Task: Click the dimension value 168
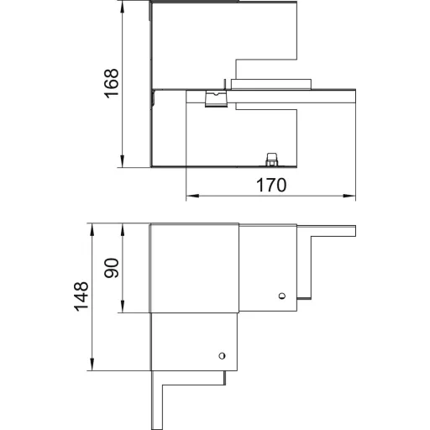(x=112, y=83)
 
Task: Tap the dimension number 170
(x=271, y=185)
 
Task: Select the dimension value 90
(x=112, y=268)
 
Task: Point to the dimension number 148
(x=81, y=296)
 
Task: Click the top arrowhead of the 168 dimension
(x=122, y=8)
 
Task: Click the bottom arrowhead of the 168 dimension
(x=122, y=161)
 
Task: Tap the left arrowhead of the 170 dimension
(x=192, y=196)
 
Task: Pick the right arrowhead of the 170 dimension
(x=349, y=196)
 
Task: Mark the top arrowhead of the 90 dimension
(x=122, y=230)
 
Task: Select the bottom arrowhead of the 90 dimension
(x=122, y=307)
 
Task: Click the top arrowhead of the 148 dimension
(x=92, y=230)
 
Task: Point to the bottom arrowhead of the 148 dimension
(x=92, y=364)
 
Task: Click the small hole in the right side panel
(x=282, y=296)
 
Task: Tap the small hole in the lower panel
(x=222, y=355)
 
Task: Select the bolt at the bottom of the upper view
(x=270, y=160)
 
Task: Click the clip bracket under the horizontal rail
(x=217, y=98)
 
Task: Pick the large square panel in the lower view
(x=195, y=268)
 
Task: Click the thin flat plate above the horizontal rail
(x=271, y=84)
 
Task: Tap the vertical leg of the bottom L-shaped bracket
(x=157, y=401)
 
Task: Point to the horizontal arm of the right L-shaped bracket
(x=327, y=231)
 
